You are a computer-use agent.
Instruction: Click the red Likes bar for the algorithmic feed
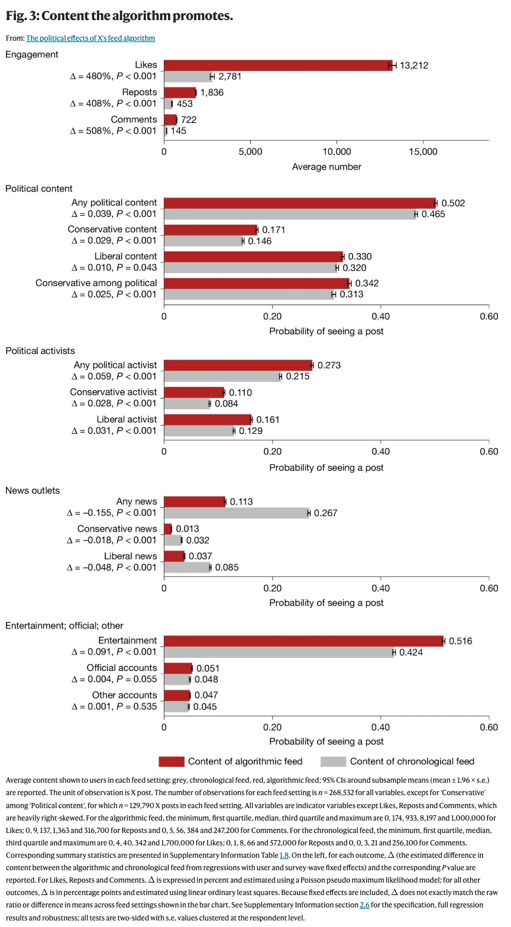coord(278,65)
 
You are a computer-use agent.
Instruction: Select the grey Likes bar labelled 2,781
coord(187,76)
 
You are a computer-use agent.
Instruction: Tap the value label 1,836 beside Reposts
coord(212,92)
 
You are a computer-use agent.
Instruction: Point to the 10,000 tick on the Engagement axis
coord(337,152)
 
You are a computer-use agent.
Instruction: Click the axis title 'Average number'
coord(326,167)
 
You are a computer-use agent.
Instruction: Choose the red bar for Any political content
coord(299,203)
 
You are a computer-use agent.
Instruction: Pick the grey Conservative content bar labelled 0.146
coord(203,241)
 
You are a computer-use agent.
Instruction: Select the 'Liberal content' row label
coord(125,256)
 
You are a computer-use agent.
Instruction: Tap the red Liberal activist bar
coord(207,419)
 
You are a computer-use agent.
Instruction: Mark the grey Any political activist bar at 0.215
coord(222,376)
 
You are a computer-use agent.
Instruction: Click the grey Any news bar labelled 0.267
coord(236,513)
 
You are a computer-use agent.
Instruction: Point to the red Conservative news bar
coord(167,529)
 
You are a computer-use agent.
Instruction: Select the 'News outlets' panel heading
coord(33,490)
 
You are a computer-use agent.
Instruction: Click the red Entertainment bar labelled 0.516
coord(303,641)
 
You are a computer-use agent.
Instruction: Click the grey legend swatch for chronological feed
coord(332,761)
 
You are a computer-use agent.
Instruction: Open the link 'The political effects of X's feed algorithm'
coord(90,38)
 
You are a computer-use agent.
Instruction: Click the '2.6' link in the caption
coord(364,905)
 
